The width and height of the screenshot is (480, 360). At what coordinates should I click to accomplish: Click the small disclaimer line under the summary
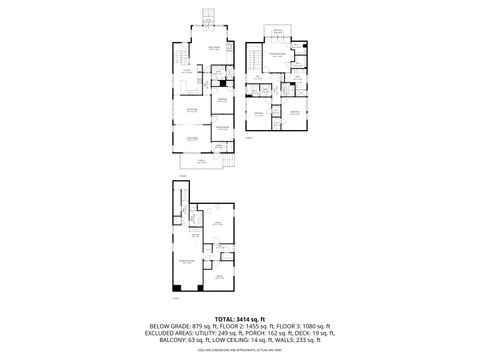240,351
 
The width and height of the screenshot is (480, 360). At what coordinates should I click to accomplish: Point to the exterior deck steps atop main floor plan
209,15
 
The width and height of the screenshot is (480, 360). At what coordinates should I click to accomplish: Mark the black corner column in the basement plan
176,290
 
